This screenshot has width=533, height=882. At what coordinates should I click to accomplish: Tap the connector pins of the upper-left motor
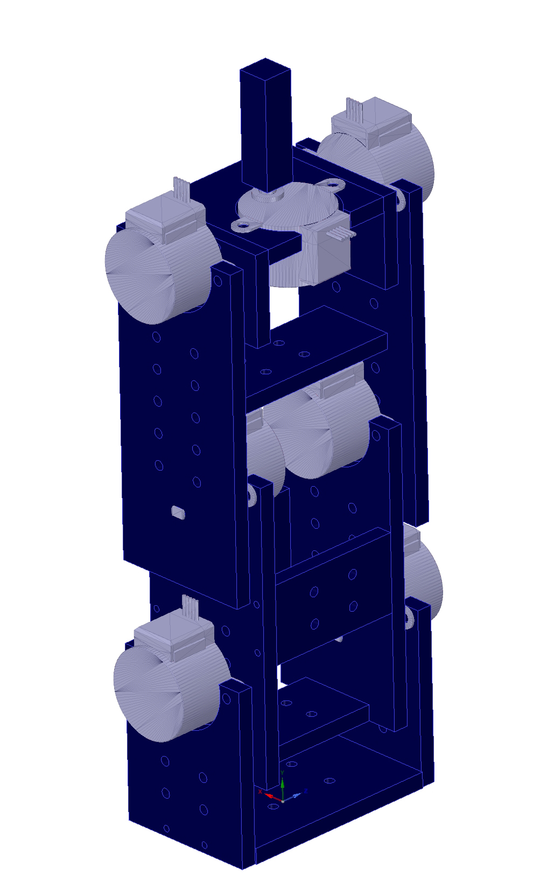181,190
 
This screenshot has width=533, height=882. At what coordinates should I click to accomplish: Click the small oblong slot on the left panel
178,512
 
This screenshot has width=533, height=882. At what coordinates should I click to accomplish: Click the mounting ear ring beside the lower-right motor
409,617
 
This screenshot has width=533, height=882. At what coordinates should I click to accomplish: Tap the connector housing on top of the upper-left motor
164,218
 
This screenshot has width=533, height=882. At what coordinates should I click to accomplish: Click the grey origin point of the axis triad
283,801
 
